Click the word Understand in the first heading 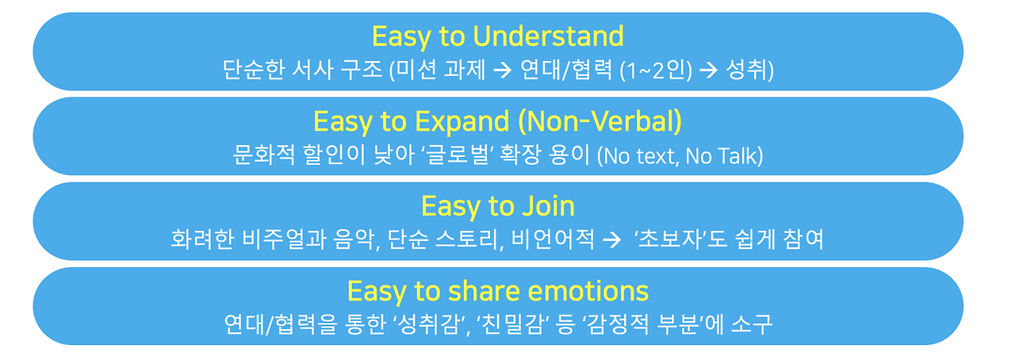pos(548,36)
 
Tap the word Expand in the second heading pos(462,122)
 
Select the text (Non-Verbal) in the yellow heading pos(600,122)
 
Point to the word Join pos(548,206)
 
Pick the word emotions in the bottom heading pos(588,291)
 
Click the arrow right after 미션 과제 pos(503,71)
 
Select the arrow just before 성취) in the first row pos(708,71)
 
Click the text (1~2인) pos(656,71)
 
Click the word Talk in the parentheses pos(737,156)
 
